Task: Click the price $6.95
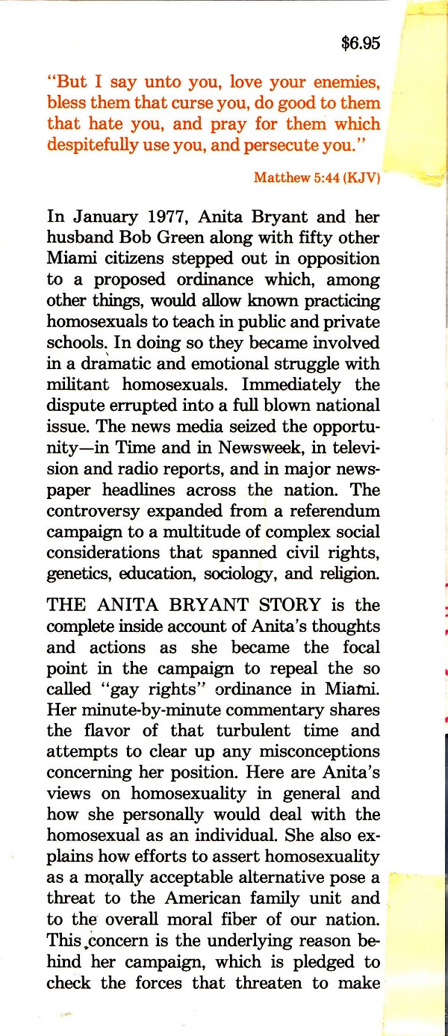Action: (361, 43)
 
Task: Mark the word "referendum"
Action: (335, 511)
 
